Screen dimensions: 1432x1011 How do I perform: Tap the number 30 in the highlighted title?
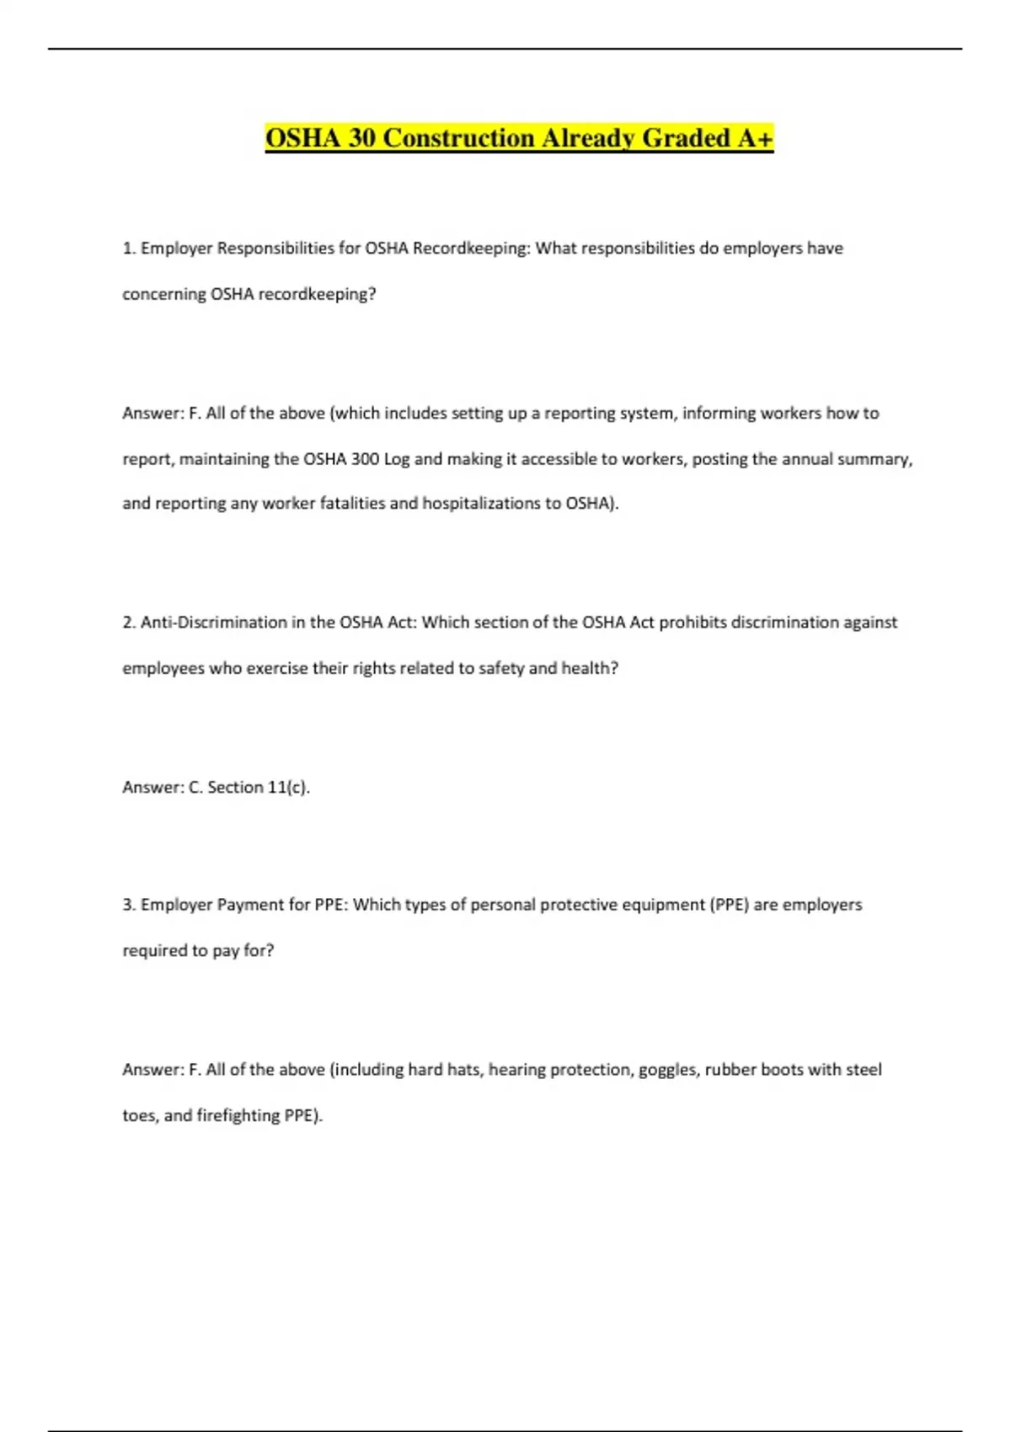pyautogui.click(x=361, y=138)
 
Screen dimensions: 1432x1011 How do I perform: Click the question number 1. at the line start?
pyautogui.click(x=129, y=248)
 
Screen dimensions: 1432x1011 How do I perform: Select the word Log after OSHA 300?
pyautogui.click(x=397, y=459)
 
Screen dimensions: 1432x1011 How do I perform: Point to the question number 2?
pyautogui.click(x=129, y=622)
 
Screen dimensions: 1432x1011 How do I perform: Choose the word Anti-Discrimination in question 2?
pyautogui.click(x=214, y=622)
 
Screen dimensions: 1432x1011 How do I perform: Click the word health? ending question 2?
pyautogui.click(x=590, y=668)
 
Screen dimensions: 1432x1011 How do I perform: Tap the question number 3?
pyautogui.click(x=129, y=905)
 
